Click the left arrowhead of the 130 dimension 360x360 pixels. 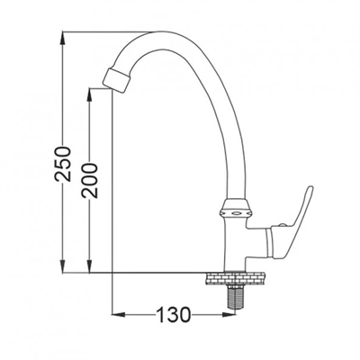[x=115, y=315]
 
